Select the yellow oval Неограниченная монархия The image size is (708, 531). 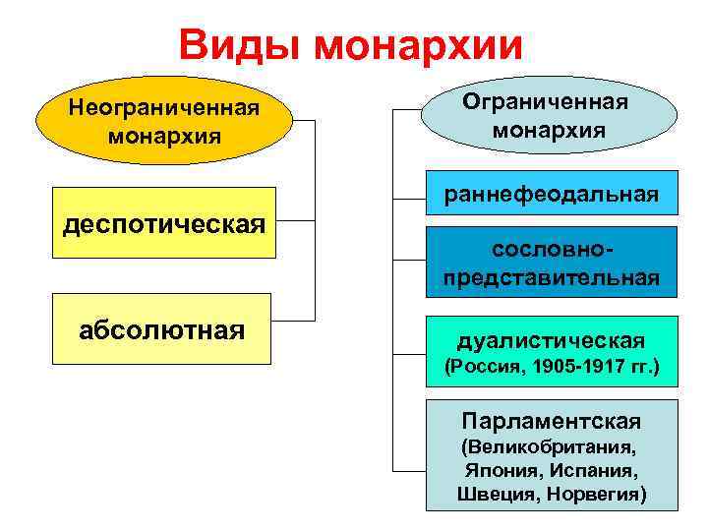point(164,120)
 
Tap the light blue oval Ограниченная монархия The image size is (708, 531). point(550,115)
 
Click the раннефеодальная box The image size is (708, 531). point(551,194)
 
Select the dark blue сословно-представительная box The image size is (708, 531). point(551,261)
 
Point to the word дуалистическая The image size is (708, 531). point(551,340)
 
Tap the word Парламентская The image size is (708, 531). point(551,421)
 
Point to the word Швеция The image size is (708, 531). point(496,494)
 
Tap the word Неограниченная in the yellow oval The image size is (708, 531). point(164,106)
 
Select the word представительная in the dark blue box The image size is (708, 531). point(551,277)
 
